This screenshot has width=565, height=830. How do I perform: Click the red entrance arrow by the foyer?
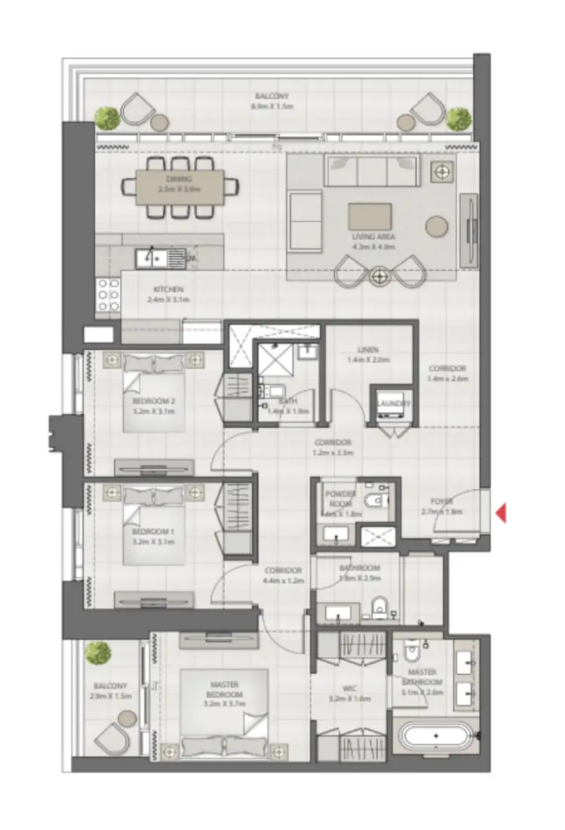[x=501, y=514]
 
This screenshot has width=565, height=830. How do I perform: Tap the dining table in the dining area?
[x=180, y=186]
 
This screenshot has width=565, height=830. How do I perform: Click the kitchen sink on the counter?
[x=152, y=258]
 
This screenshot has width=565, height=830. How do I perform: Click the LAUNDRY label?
[x=394, y=404]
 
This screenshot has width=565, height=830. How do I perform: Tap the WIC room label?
[x=351, y=688]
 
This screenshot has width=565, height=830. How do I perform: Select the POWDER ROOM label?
[x=339, y=499]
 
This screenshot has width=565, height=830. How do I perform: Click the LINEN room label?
[x=368, y=350]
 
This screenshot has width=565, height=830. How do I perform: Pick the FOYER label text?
[x=442, y=501]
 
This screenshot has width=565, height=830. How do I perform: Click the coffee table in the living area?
[x=370, y=217]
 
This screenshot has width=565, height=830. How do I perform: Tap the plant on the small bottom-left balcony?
[x=97, y=653]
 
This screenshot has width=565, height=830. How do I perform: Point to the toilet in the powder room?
[x=373, y=501]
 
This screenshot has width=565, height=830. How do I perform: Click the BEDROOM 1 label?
[x=153, y=531]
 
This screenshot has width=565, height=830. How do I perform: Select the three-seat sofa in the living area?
[x=372, y=172]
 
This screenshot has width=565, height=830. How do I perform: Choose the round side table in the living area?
[x=437, y=225]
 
